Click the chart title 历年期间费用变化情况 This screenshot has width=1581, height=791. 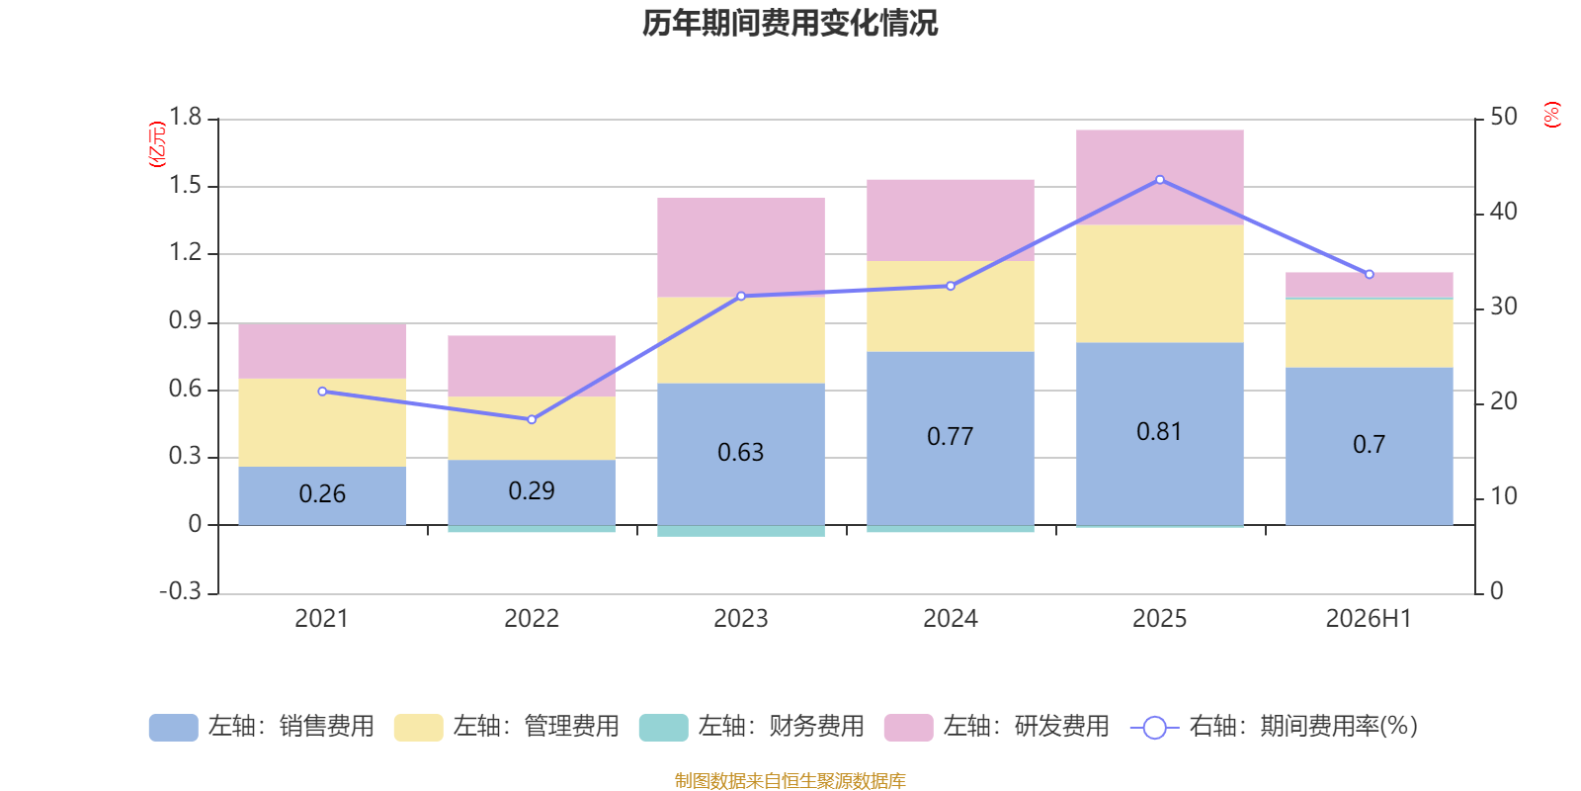coord(790,24)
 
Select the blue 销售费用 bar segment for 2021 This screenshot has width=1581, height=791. coord(322,495)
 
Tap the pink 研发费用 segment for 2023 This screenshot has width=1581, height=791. coord(741,247)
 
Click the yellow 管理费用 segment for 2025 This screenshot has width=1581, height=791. coord(1160,284)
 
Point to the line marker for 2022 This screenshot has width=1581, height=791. coord(532,419)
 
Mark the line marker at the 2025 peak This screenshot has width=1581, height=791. coord(1160,180)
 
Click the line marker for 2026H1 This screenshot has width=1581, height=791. coord(1370,274)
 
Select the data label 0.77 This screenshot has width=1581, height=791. coord(950,436)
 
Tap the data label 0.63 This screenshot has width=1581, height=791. coord(740,452)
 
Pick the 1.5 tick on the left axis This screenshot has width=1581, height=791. coord(185,185)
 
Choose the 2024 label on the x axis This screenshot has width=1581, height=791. coord(950,619)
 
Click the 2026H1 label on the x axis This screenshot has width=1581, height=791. coord(1369,619)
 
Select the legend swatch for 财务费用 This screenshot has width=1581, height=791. coord(663,727)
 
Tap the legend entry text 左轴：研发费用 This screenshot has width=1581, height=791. coord(1027,726)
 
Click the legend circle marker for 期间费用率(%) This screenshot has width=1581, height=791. coord(1155,728)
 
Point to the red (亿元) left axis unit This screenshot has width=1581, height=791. coord(157,144)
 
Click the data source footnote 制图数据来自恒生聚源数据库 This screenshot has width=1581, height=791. coord(790,780)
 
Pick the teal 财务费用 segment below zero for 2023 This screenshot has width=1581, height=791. coord(741,531)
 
